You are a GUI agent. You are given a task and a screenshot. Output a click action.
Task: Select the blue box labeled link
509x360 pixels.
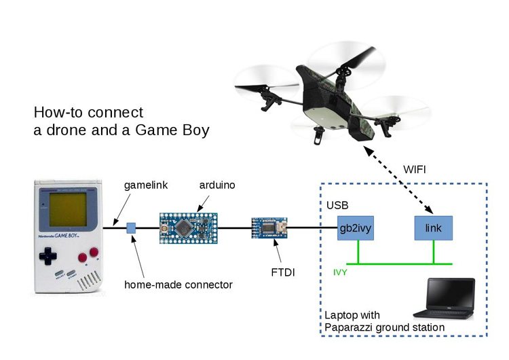tap(433, 228)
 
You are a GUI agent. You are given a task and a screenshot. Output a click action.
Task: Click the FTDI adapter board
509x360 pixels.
tap(270, 229)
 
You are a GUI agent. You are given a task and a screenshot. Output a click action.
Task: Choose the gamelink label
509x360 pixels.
tap(145, 185)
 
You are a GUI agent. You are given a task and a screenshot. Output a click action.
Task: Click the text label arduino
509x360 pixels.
tap(215, 185)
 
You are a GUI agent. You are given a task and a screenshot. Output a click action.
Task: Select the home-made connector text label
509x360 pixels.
tap(178, 285)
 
